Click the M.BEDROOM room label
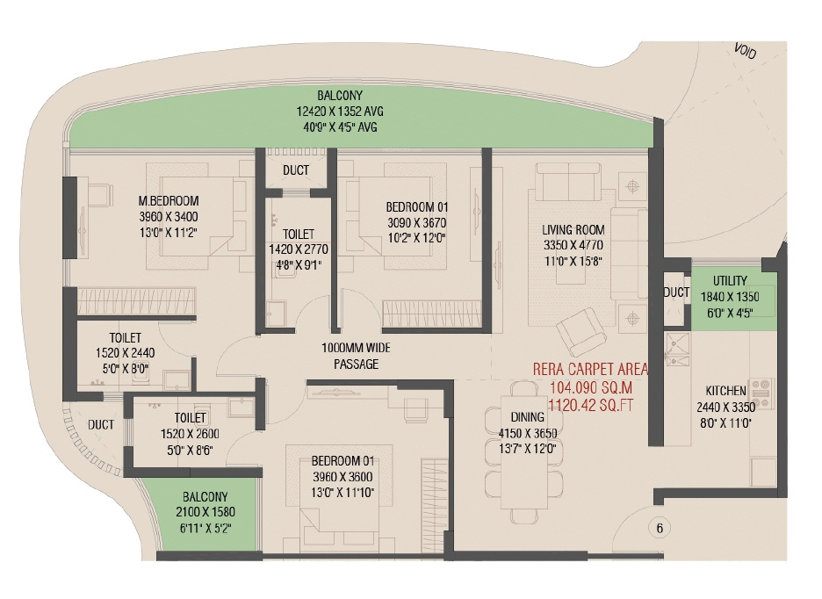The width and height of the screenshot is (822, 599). (x=169, y=201)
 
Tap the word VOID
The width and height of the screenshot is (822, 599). (x=745, y=51)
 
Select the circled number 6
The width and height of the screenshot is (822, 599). (x=660, y=528)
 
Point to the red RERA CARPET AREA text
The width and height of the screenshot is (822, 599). (x=590, y=369)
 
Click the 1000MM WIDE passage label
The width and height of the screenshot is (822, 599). (x=356, y=348)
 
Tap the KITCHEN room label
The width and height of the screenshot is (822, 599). (x=725, y=391)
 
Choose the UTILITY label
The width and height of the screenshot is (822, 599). (x=730, y=281)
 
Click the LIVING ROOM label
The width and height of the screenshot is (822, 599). (x=573, y=230)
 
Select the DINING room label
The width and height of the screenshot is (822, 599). (x=528, y=417)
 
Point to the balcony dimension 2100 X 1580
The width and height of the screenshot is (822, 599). (x=205, y=512)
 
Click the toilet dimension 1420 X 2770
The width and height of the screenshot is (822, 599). (x=299, y=249)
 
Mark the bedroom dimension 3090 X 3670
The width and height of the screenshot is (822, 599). (x=417, y=222)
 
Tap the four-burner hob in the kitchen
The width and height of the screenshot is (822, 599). (x=762, y=393)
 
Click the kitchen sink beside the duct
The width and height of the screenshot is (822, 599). (x=677, y=350)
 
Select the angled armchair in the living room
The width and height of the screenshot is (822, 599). (x=581, y=331)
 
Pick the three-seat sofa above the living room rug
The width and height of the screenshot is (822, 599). (x=568, y=179)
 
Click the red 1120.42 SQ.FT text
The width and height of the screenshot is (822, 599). (x=590, y=405)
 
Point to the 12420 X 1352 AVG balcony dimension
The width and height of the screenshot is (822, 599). (x=340, y=112)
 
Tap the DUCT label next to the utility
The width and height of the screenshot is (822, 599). (x=676, y=292)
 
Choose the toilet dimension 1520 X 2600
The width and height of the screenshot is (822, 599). (x=190, y=434)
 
